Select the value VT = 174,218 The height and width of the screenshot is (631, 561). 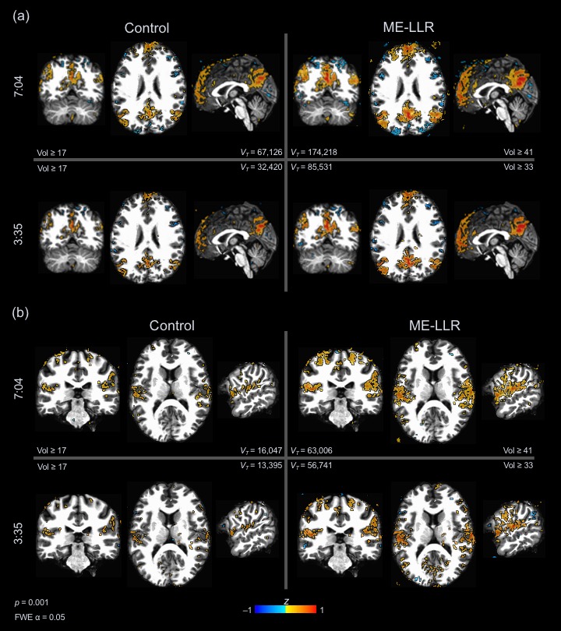[x=313, y=152]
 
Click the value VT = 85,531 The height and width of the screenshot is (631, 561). [x=311, y=167]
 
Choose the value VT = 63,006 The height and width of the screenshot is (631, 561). [x=311, y=451]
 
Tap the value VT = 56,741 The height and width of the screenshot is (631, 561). [x=311, y=466]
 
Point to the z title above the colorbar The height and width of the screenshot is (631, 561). [x=286, y=601]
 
